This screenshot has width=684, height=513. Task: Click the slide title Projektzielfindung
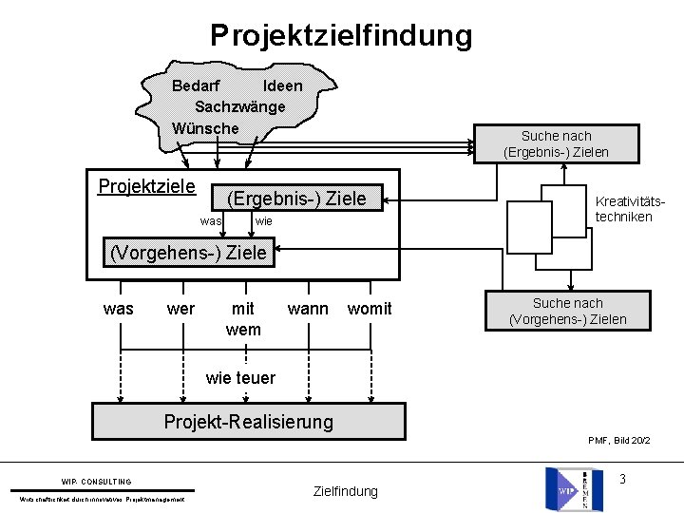click(x=341, y=35)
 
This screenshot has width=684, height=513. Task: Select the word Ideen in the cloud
click(x=283, y=85)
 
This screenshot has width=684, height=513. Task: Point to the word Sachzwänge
click(x=239, y=106)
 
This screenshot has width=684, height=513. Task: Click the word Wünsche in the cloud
click(x=205, y=127)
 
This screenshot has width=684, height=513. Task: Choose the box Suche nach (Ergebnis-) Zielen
click(x=556, y=143)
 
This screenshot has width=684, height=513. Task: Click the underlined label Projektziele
click(x=147, y=185)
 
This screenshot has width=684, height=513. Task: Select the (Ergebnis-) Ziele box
click(x=295, y=198)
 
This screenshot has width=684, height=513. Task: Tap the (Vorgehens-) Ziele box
click(x=189, y=254)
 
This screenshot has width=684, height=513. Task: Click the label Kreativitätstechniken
click(x=623, y=209)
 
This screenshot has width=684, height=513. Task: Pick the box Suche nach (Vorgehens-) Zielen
click(x=568, y=311)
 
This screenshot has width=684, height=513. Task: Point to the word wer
click(x=180, y=309)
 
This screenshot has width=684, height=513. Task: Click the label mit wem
click(x=243, y=318)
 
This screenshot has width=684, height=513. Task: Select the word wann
click(x=308, y=309)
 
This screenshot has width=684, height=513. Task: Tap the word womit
click(x=370, y=309)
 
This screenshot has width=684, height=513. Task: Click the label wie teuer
click(x=240, y=377)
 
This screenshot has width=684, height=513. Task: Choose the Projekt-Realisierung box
click(x=248, y=421)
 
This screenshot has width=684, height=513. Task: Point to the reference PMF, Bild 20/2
click(x=618, y=440)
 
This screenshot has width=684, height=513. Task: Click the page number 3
click(x=622, y=478)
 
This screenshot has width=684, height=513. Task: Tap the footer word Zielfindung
click(x=345, y=491)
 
